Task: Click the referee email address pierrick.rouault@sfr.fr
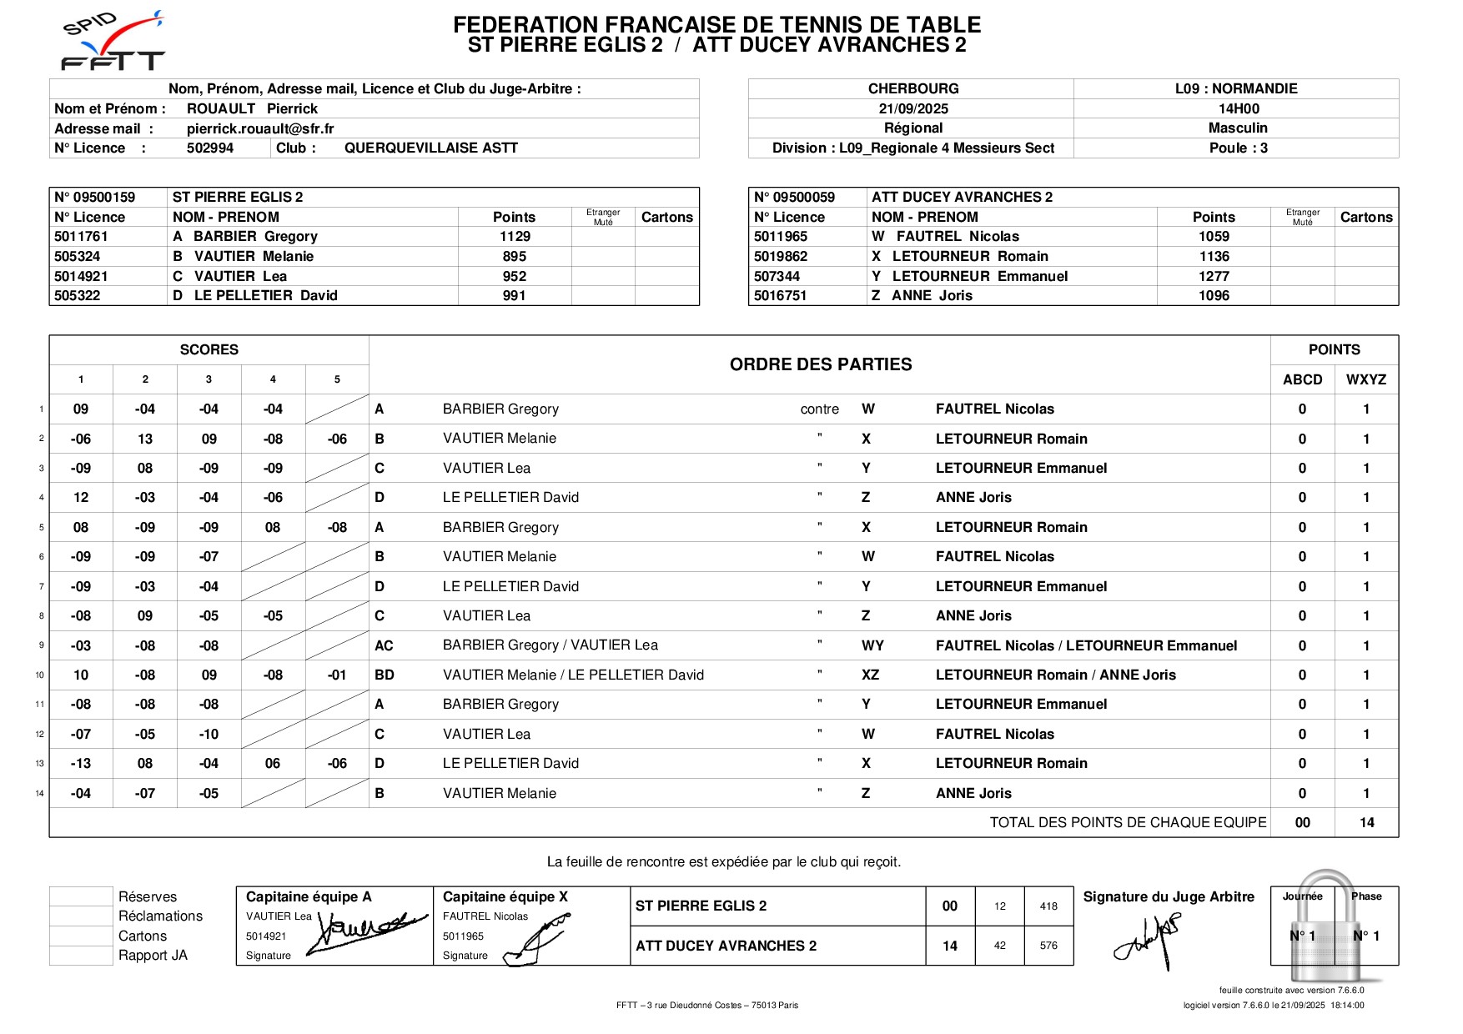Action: [260, 128]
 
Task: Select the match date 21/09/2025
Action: [913, 108]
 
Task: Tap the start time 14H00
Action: [1239, 108]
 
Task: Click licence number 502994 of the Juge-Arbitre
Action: [210, 148]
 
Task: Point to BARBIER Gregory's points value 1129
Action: [515, 237]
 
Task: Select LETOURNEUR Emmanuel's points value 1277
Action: [1214, 276]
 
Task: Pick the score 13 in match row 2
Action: [145, 439]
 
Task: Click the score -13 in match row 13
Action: [81, 763]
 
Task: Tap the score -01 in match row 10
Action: [337, 675]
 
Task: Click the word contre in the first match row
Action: [819, 409]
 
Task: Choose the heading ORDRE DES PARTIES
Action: [821, 364]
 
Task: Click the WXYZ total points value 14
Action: [1366, 822]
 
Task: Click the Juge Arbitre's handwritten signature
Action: [1149, 939]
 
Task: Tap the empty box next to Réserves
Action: [81, 896]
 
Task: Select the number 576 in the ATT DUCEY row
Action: [1048, 946]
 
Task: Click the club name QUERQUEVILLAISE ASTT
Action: [431, 148]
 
